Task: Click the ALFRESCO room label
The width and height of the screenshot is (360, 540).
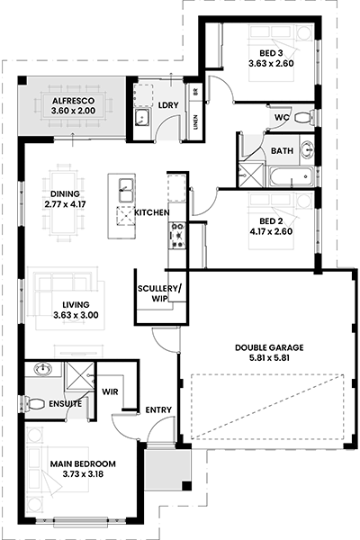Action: (73, 101)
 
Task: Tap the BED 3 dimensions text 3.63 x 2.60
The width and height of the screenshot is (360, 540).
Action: (272, 63)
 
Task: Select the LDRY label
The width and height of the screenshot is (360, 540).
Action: (168, 105)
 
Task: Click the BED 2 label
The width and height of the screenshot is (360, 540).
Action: (271, 221)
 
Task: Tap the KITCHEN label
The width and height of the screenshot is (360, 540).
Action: (151, 212)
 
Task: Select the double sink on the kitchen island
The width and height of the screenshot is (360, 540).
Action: (126, 190)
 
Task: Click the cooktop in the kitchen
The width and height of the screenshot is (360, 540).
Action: (178, 236)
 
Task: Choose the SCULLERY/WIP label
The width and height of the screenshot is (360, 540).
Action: (159, 293)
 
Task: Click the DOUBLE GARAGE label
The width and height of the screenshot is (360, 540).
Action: (269, 347)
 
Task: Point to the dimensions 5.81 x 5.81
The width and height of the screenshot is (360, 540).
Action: (269, 358)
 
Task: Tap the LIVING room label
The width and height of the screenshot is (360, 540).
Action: (76, 305)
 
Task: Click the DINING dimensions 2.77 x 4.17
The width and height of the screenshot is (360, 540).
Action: (65, 204)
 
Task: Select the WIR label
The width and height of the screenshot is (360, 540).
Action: (110, 391)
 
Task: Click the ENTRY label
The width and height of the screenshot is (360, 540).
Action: (158, 409)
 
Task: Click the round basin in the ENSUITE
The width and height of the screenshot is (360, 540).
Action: (42, 369)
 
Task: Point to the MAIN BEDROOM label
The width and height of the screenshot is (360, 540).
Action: (83, 463)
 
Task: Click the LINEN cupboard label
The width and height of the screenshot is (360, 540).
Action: (195, 121)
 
